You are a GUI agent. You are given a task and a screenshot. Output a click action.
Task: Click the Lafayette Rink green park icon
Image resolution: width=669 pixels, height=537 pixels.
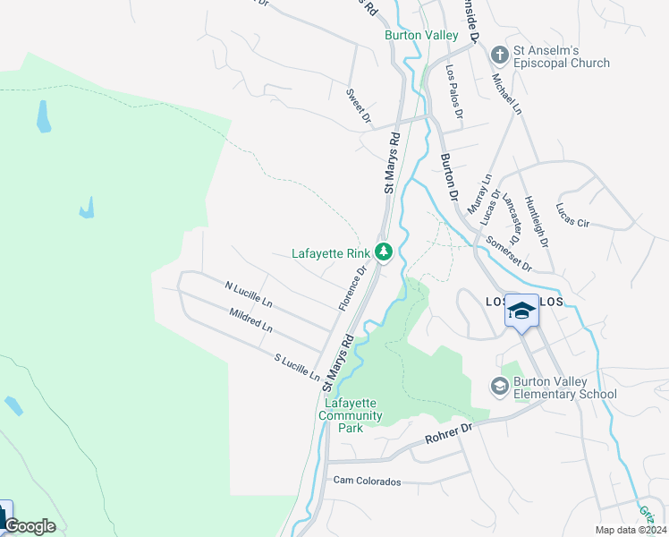pos(384,252)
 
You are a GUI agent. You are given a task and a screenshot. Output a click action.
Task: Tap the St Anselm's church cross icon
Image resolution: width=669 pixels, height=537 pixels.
pos(498,55)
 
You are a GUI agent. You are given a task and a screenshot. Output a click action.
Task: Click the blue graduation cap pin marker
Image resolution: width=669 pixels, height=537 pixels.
pos(522,311)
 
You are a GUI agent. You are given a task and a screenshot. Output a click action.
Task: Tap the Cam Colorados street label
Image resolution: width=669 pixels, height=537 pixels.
pos(367,481)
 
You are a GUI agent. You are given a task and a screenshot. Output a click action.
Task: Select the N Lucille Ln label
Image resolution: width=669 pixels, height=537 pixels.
pos(248,293)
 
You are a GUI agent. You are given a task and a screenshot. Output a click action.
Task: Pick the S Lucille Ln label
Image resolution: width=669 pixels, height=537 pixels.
pos(297,367)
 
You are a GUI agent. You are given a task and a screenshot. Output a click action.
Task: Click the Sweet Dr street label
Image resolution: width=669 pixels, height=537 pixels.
pos(359,107)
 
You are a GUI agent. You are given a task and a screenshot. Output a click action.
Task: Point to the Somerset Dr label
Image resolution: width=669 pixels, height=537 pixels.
pos(509,254)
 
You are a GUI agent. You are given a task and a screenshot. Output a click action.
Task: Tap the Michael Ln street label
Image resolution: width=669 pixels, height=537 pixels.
pos(506,92)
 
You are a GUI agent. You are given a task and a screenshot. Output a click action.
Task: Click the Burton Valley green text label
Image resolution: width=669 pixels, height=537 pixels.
pos(421,35)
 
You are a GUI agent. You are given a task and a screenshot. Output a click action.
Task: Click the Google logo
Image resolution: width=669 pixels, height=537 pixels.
pos(30,526)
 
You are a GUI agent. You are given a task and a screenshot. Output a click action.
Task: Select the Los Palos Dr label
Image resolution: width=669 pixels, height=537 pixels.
pos(455,91)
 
